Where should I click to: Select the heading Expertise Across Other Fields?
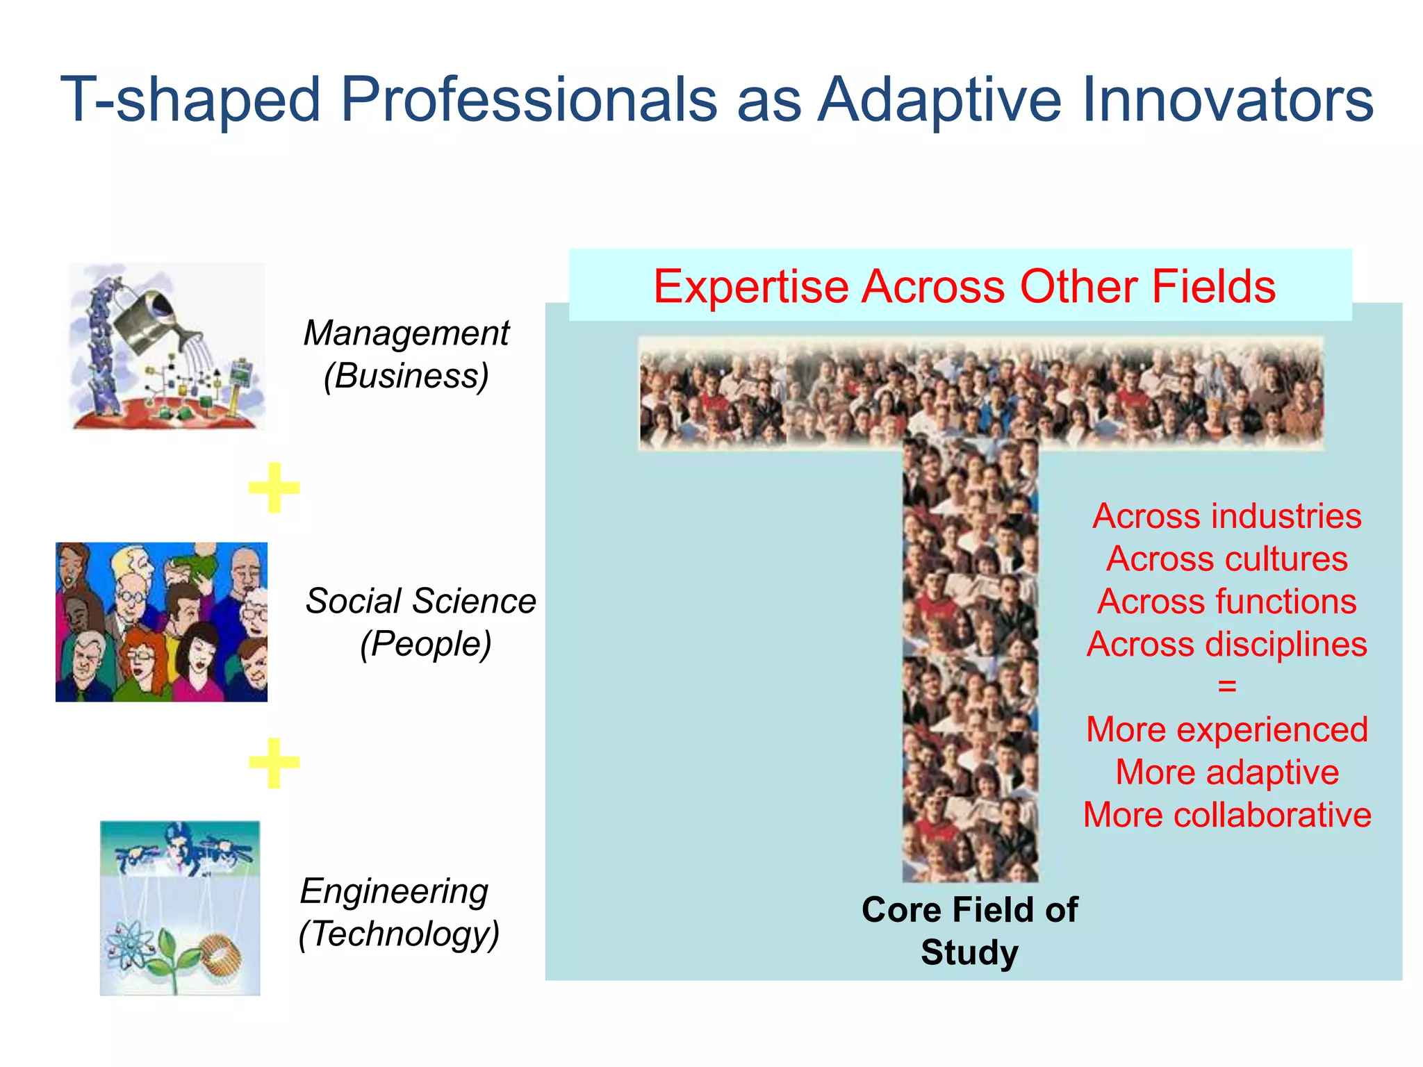964,286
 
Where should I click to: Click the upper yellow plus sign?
274,488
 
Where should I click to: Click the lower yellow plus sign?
274,763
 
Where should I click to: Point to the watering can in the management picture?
153,320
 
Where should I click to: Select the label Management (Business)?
406,354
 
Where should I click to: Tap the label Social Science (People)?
421,622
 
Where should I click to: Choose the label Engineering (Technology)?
397,912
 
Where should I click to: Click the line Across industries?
1226,516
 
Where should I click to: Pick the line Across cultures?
1226,559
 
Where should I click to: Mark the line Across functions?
1226,602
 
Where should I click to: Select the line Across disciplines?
1226,645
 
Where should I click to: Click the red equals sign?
1227,686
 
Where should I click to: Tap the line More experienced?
1226,729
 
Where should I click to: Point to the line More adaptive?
1226,772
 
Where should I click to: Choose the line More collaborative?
1226,815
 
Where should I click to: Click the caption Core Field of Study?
969,931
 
